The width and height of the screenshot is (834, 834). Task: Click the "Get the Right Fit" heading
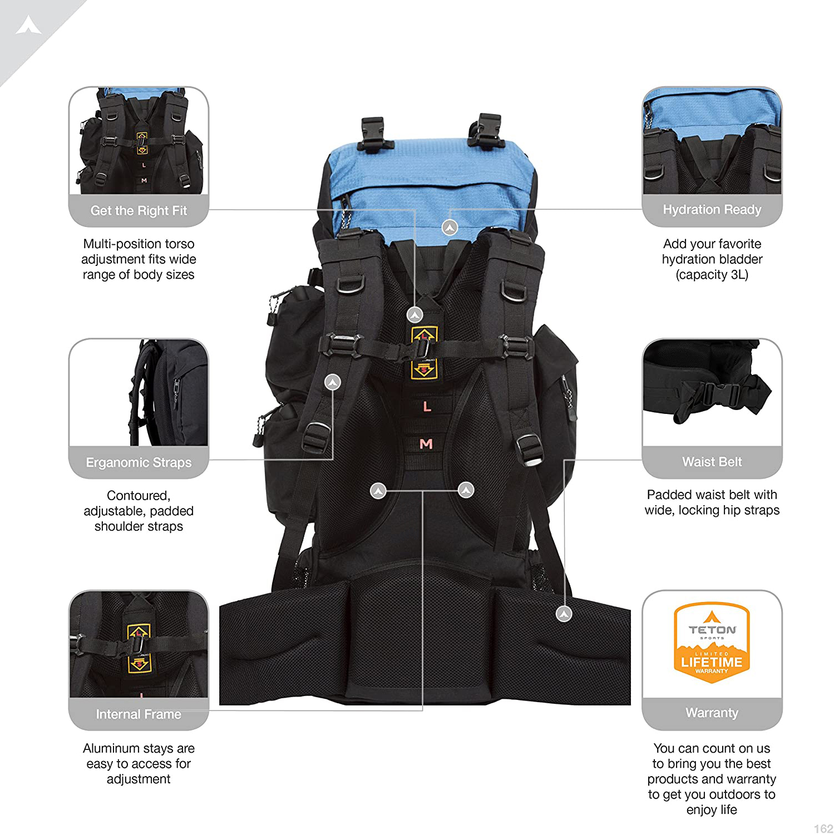tap(139, 210)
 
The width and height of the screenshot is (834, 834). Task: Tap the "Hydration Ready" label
tap(712, 209)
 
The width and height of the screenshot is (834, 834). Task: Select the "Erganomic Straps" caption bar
tap(139, 462)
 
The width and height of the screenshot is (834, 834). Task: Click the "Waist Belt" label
tap(712, 462)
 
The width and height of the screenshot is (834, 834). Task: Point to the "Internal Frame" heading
tap(139, 714)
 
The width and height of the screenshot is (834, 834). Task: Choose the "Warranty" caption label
tap(712, 713)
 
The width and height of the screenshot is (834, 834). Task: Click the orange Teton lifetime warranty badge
tap(712, 643)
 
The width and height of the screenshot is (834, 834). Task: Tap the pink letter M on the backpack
tap(426, 444)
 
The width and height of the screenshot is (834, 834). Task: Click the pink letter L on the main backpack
tap(427, 407)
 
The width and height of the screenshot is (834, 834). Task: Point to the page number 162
tap(823, 828)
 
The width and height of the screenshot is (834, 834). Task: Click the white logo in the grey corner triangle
tap(28, 25)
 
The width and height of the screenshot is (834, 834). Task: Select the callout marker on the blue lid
tap(450, 227)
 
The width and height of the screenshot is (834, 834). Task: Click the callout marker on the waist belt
tap(564, 614)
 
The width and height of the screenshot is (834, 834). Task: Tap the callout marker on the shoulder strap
tap(333, 382)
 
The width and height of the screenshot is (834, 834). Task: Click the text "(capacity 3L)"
tap(712, 275)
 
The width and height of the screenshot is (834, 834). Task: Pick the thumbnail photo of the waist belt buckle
tap(712, 392)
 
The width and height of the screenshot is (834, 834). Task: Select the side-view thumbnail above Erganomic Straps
tap(139, 392)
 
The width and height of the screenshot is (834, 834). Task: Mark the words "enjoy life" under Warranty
tap(712, 810)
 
